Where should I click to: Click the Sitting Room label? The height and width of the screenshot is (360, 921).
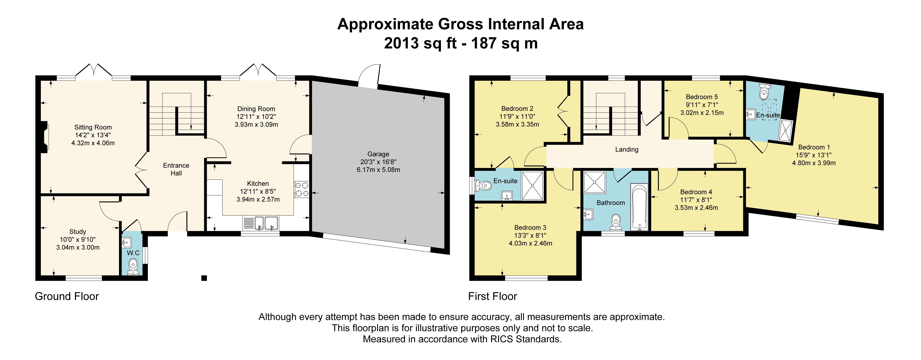(93, 127)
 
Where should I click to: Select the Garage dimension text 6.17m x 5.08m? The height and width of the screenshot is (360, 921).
(378, 170)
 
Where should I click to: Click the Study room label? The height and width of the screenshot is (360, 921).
(78, 232)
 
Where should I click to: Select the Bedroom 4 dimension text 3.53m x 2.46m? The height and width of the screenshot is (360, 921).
(696, 208)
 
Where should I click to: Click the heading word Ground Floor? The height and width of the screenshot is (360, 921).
(67, 296)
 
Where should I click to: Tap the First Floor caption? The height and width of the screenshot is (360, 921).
(493, 296)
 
